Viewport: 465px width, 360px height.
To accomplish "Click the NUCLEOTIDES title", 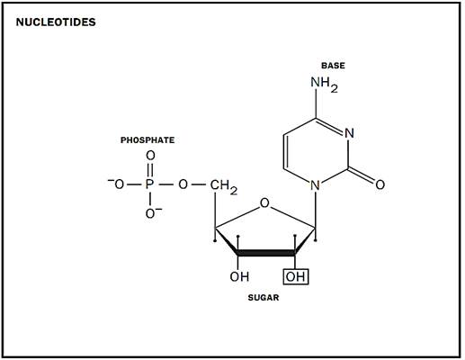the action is (x=56, y=22).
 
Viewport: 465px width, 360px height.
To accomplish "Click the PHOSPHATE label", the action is (x=148, y=140).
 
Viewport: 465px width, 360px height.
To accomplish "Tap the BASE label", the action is (x=333, y=66).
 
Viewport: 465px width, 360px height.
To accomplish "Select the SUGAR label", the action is (x=264, y=298).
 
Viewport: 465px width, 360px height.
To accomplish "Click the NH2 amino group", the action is (x=325, y=84).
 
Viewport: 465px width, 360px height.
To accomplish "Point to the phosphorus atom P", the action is (x=150, y=184).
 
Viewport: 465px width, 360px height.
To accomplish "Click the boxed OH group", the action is (x=296, y=276).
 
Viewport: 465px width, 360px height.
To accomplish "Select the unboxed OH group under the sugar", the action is (x=239, y=276).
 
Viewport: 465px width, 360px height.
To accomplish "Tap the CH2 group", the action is (x=224, y=186).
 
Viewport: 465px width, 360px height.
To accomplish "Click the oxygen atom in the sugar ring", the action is (x=264, y=203).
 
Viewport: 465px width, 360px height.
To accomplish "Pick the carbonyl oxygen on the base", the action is (x=380, y=184).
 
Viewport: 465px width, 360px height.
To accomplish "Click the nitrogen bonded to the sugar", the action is (x=315, y=185).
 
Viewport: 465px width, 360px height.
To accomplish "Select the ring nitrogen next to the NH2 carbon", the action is (x=349, y=133).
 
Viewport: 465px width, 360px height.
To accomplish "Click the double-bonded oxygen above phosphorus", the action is (x=150, y=156).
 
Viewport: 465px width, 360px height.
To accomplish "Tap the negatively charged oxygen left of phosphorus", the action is (x=116, y=184).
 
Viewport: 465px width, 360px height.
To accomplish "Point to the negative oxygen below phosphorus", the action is (x=153, y=213).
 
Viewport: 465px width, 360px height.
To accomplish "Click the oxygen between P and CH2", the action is (x=183, y=184).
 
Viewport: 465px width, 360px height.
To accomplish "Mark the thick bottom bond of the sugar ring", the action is (x=266, y=253).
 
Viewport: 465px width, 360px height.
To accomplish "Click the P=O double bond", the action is (x=150, y=170).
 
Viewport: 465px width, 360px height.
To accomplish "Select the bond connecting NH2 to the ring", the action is (x=316, y=105).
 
